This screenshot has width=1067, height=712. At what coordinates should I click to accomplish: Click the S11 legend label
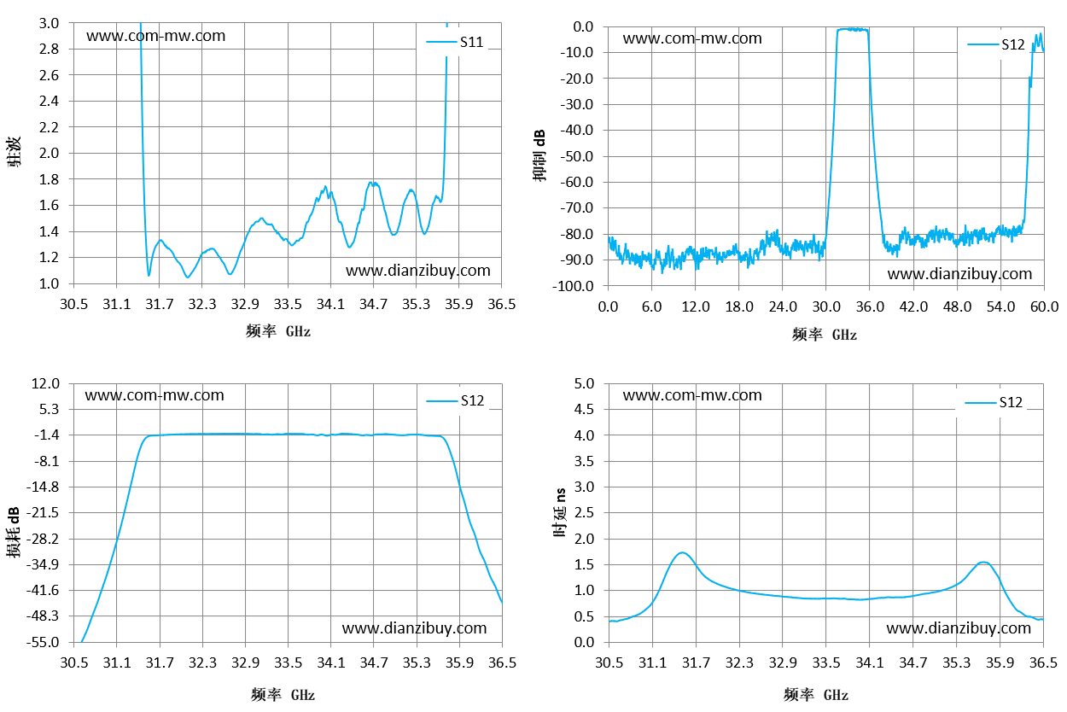tap(471, 43)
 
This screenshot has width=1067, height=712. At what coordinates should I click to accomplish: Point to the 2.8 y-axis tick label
tap(49, 49)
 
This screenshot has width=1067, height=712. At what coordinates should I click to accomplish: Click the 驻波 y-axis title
tap(14, 152)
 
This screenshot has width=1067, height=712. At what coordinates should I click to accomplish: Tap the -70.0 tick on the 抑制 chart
tap(576, 208)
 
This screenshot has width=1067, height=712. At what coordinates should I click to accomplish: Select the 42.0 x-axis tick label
tap(913, 306)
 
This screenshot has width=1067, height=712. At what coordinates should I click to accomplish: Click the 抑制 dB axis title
tap(539, 155)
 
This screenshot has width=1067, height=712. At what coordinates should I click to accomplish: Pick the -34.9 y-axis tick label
tap(43, 565)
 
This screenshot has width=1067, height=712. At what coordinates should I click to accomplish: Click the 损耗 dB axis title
tap(14, 532)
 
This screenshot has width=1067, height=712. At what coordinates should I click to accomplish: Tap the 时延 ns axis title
tap(560, 512)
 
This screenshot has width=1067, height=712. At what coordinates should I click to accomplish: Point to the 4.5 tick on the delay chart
tap(584, 410)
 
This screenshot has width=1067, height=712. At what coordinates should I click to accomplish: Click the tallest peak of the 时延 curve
tap(683, 552)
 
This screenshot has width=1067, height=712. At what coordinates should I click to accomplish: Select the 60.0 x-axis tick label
tap(1044, 306)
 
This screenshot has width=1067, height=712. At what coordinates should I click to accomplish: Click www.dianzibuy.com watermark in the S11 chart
tap(417, 271)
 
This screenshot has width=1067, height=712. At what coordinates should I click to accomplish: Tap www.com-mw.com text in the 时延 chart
tap(692, 395)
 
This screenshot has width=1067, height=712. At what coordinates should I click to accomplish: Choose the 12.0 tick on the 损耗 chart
tap(45, 383)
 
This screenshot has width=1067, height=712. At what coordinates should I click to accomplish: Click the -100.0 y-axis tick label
tap(573, 286)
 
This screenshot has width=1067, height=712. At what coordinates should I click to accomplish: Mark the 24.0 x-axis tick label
tap(783, 306)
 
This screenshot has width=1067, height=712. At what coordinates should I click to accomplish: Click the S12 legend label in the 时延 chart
tap(1011, 402)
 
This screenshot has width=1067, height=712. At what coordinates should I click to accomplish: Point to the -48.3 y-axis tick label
tap(43, 616)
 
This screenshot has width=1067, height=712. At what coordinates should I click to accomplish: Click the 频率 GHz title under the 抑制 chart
tap(825, 335)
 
